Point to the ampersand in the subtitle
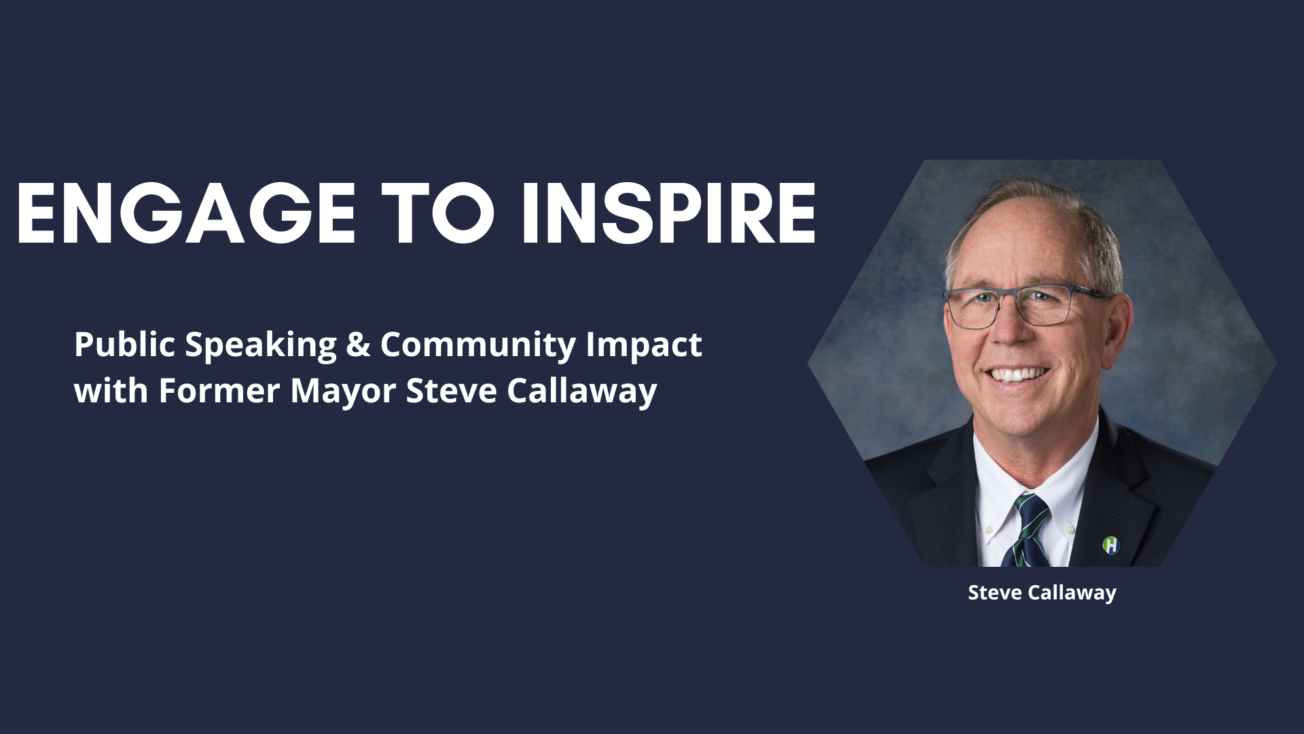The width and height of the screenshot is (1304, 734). point(358,345)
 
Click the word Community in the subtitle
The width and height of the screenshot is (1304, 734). point(478,345)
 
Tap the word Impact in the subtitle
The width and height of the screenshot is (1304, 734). point(644,345)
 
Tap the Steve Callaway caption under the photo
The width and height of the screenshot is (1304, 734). point(1042,593)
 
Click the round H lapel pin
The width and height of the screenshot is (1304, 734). point(1110,544)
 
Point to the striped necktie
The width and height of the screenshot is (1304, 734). point(1029,531)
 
